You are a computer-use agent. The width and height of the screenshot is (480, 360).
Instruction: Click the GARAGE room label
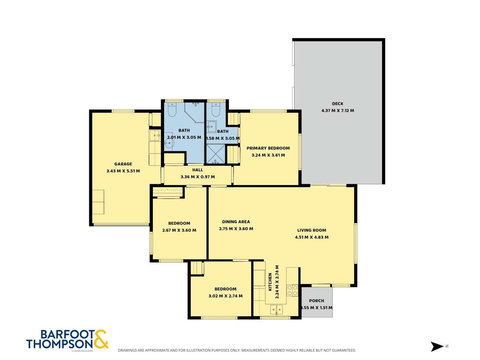[123, 164]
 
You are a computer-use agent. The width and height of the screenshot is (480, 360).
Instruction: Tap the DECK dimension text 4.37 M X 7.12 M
[338, 110]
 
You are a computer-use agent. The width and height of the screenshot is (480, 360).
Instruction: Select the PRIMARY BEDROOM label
[268, 148]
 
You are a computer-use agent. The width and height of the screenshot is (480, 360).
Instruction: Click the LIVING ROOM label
[312, 230]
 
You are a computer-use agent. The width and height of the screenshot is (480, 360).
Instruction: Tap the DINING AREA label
[236, 222]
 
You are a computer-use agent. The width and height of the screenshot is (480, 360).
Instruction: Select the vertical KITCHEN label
[270, 282]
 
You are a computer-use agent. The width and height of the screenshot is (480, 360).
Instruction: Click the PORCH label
[316, 301]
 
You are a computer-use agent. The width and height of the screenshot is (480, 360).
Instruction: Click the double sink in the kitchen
[276, 309]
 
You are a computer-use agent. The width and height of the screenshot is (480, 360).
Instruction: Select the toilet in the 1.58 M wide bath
[216, 110]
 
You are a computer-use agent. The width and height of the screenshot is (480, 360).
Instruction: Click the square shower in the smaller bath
[215, 154]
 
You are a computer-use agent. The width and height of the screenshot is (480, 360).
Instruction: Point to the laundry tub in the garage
[154, 136]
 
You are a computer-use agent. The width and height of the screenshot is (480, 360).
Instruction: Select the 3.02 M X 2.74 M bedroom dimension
[225, 296]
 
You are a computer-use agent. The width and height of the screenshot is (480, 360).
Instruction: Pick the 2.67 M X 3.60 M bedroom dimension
[179, 230]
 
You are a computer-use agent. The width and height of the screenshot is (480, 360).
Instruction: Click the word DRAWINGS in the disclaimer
[129, 350]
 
